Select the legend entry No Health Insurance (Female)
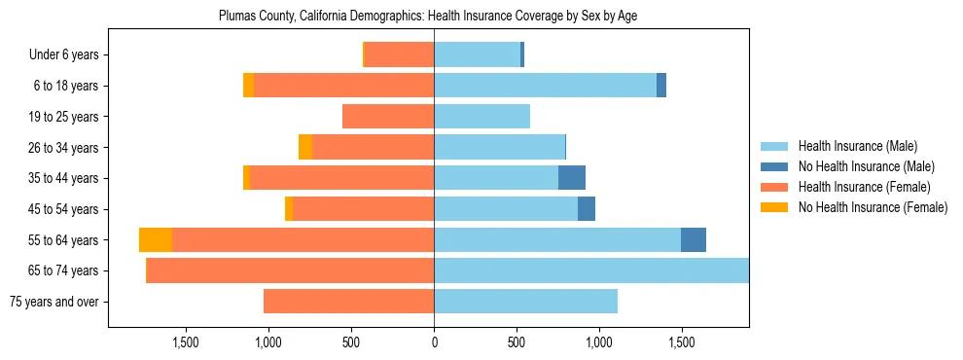(x=873, y=207)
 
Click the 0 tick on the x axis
(x=434, y=342)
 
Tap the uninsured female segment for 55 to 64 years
(x=156, y=240)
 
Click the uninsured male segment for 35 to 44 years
(x=572, y=178)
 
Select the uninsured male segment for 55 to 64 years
(x=694, y=240)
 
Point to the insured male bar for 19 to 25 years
(x=481, y=117)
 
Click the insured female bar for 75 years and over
(x=348, y=302)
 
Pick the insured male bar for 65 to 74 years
(x=591, y=270)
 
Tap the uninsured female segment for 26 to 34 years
(x=305, y=147)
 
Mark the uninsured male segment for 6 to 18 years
(x=661, y=86)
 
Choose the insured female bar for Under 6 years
(x=399, y=55)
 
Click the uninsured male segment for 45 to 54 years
(x=587, y=209)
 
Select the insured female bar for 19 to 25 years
(x=388, y=117)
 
